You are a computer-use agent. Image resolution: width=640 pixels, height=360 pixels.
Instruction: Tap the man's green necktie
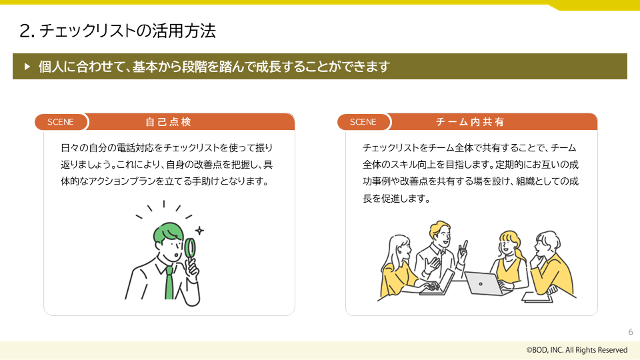pos(169,283)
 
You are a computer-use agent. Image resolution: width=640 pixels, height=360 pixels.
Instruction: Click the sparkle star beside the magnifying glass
pos(199,230)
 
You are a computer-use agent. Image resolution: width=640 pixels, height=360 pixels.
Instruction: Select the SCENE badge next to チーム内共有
pos(363,122)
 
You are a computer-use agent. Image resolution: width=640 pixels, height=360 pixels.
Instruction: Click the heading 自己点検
pos(169,122)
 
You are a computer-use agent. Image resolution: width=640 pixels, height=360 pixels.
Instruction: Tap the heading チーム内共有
pos(470,122)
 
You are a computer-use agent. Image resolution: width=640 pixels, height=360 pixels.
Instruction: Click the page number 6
pos(630,332)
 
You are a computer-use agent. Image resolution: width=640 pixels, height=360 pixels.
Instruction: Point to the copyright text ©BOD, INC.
pos(577,350)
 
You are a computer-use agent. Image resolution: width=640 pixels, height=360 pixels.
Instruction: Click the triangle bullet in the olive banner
pos(27,67)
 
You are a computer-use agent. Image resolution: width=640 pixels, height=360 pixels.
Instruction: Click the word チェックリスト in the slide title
pos(83,31)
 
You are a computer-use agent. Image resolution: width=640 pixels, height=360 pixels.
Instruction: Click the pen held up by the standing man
pos(465,245)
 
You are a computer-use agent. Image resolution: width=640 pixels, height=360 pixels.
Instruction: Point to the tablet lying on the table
pos(537,297)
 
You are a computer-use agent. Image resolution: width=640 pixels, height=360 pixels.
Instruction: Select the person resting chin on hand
pos(551,263)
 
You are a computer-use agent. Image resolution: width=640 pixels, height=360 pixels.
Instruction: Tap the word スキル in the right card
pos(404,164)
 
